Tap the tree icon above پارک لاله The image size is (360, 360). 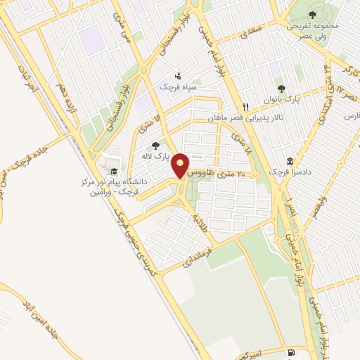pyautogui.click(x=155, y=146)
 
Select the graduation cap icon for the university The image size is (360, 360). pyautogui.click(x=112, y=171)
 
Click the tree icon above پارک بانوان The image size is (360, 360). pyautogui.click(x=281, y=89)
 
